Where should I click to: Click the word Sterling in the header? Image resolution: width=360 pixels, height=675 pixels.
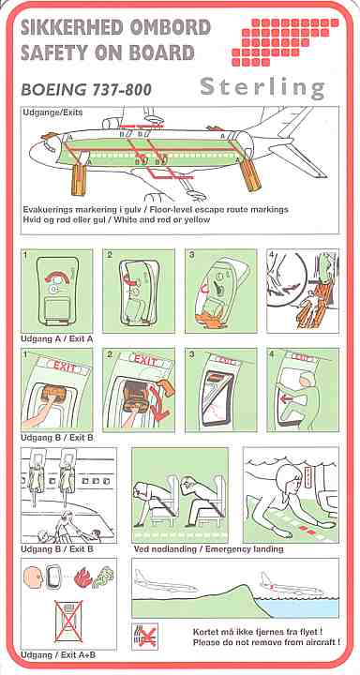pyautogui.click(x=262, y=88)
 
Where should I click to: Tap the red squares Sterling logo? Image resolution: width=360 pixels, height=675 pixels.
pyautogui.click(x=285, y=42)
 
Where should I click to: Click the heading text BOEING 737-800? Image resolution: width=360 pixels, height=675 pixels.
pyautogui.click(x=85, y=90)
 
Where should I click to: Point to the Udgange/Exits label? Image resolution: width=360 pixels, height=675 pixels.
pyautogui.click(x=52, y=112)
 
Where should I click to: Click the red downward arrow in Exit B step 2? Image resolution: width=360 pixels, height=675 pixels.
pyautogui.click(x=160, y=404)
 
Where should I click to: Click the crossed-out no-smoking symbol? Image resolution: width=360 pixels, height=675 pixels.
pyautogui.click(x=144, y=637)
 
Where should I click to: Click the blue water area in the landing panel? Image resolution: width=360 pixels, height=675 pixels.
pyautogui.click(x=302, y=607)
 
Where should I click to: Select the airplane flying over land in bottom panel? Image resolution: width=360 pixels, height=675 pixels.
pyautogui.click(x=165, y=580)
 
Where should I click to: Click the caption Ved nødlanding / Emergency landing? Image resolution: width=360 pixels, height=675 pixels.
pyautogui.click(x=208, y=549)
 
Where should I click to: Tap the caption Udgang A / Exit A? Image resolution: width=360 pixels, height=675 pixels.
pyautogui.click(x=57, y=339)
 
